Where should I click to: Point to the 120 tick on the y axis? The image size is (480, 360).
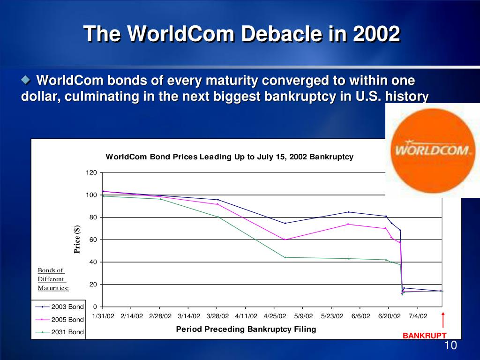[91, 173]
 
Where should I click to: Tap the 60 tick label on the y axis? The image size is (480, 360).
[93, 240]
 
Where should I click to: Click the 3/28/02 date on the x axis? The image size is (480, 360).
[217, 316]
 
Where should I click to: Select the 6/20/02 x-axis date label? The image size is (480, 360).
[389, 316]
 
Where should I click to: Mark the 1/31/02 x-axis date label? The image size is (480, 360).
[103, 316]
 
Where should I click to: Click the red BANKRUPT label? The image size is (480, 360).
[425, 336]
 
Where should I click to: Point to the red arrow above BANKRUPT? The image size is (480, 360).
[443, 321]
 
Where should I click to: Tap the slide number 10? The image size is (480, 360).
[450, 346]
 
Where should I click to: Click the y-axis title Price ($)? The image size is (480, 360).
[77, 239]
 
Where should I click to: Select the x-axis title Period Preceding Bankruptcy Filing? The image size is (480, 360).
[246, 329]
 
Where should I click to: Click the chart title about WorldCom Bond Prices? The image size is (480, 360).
[229, 157]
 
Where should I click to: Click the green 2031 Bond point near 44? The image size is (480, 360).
[285, 257]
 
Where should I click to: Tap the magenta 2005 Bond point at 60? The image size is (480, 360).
[285, 240]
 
